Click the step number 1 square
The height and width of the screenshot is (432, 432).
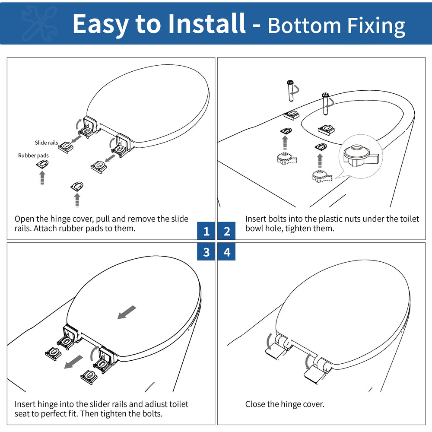(206, 232)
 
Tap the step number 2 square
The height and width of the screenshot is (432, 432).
(227, 232)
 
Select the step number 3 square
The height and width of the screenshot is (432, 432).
(206, 252)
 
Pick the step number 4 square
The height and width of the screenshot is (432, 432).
(227, 252)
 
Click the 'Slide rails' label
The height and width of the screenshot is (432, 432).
(46, 143)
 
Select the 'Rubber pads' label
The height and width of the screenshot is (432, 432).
(33, 156)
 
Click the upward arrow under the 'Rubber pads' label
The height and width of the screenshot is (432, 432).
(42, 178)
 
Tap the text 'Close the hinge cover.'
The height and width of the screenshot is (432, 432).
(285, 404)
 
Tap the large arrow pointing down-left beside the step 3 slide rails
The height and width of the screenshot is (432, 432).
(73, 362)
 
